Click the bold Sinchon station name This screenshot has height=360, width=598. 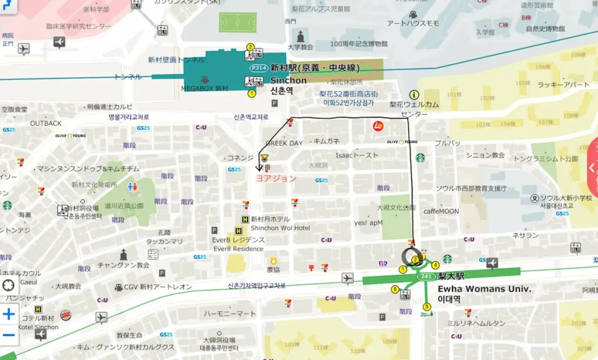(288, 81)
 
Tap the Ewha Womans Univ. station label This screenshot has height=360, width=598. (484, 289)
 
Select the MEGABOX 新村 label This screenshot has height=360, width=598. (204, 88)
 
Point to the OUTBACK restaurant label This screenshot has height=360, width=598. (46, 123)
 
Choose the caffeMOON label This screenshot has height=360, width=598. (441, 211)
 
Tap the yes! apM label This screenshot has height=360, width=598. (368, 223)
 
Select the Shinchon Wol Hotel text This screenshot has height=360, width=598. (280, 228)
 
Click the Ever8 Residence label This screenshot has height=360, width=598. (238, 249)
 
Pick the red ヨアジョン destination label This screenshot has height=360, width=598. (276, 178)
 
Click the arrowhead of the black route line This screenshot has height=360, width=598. (259, 168)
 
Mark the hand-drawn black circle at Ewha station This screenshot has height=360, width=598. (412, 257)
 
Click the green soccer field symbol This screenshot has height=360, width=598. (238, 22)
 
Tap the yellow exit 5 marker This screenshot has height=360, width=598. (427, 306)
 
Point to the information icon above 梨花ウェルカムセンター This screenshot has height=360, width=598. (414, 94)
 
